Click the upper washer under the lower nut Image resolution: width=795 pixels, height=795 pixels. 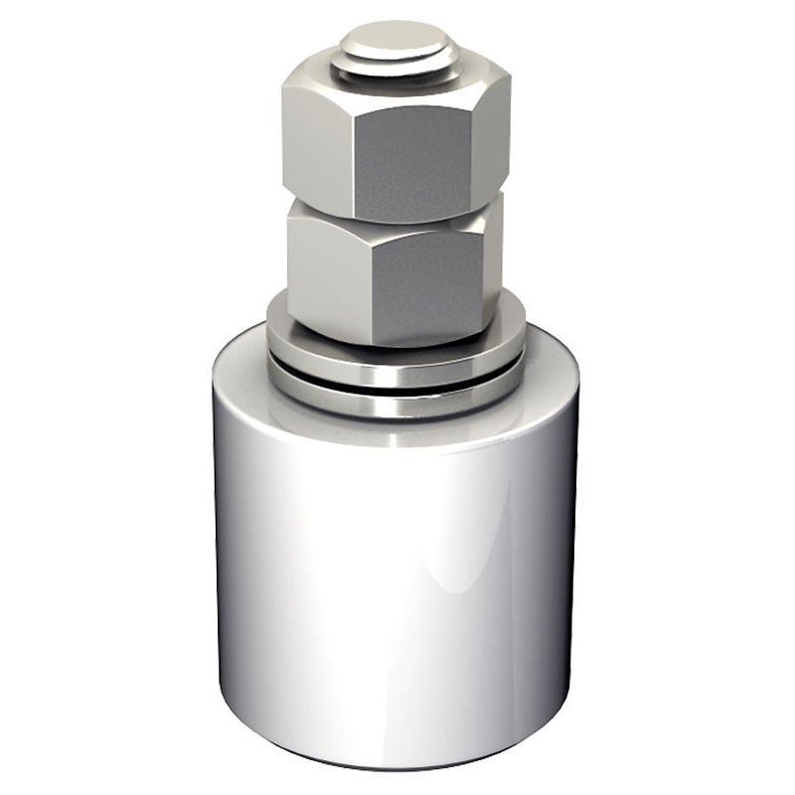(397, 363)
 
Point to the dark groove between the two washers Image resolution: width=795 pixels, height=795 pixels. (397, 386)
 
